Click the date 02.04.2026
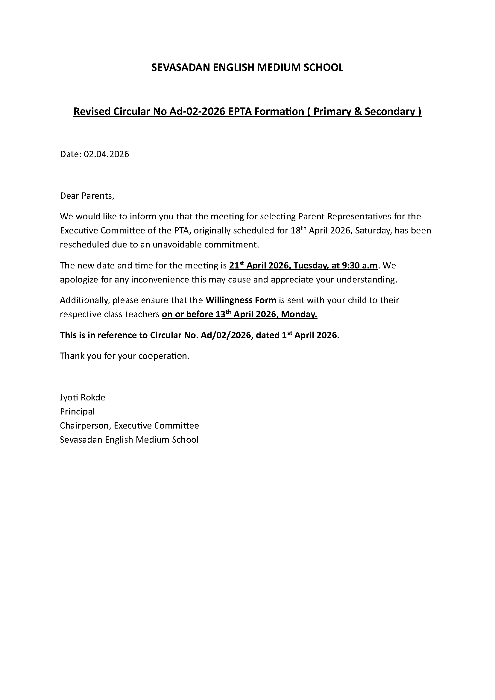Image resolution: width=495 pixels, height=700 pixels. [106, 154]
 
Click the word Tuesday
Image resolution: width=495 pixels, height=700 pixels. [311, 266]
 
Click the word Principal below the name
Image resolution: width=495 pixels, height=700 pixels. [78, 412]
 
